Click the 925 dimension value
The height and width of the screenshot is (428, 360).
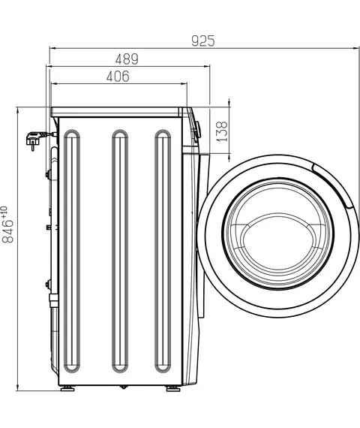[x=203, y=41]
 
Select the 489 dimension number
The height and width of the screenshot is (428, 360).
[x=127, y=59]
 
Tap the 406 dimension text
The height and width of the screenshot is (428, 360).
[x=118, y=77]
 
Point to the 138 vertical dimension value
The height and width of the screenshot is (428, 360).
[x=222, y=131]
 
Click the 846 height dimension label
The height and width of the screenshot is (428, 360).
[x=7, y=231]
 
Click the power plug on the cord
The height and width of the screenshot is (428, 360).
[x=33, y=140]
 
